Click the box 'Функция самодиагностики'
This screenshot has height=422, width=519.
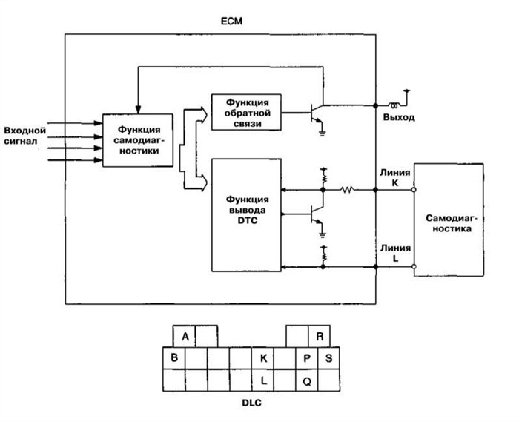tap(139, 140)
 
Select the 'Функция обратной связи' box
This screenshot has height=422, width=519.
tap(247, 112)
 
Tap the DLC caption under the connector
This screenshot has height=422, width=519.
tap(251, 404)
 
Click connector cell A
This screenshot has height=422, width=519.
tap(184, 336)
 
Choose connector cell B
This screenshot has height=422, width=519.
tap(173, 358)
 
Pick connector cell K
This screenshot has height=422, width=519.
tap(263, 358)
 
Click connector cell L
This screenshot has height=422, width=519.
tap(263, 380)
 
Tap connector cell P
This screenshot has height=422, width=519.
tap(308, 358)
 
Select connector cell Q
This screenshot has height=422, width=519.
tap(308, 380)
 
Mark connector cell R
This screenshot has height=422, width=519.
tap(319, 336)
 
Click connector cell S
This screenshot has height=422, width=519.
tap(329, 358)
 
